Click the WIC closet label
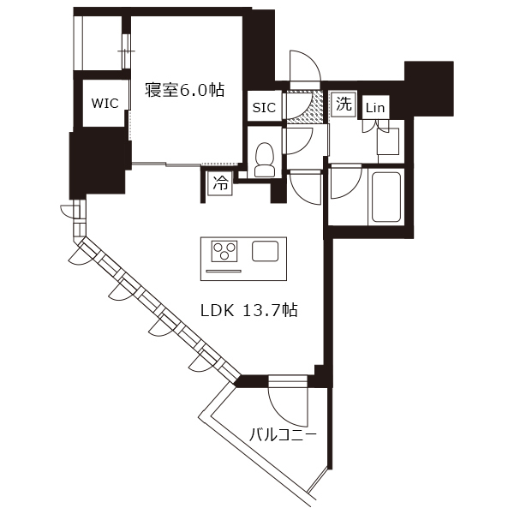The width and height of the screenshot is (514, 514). click(x=105, y=104)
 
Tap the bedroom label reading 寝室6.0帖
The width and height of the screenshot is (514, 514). click(x=184, y=90)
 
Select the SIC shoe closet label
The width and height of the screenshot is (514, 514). click(x=264, y=108)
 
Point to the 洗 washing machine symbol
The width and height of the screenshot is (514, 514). click(x=344, y=105)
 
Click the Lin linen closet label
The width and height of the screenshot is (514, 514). click(x=375, y=108)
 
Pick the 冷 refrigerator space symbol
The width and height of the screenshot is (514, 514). click(x=220, y=183)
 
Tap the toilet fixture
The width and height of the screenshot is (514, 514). click(x=265, y=159)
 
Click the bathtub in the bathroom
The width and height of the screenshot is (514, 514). click(x=385, y=197)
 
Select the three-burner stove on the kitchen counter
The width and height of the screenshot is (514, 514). click(x=224, y=251)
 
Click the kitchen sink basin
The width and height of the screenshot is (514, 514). click(x=266, y=251)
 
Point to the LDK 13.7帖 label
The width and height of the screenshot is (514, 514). click(x=249, y=310)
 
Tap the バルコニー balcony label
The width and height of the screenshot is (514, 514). click(x=283, y=435)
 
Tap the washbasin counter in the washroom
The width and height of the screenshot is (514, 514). click(x=388, y=141)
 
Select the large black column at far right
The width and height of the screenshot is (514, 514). click(x=429, y=88)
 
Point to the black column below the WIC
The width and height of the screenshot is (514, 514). click(x=99, y=164)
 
